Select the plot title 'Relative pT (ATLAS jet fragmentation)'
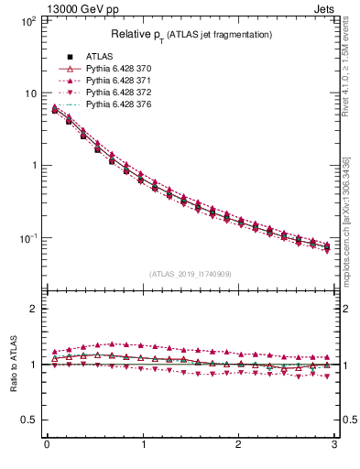[x=191, y=35]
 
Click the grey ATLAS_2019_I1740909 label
[x=191, y=274]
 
